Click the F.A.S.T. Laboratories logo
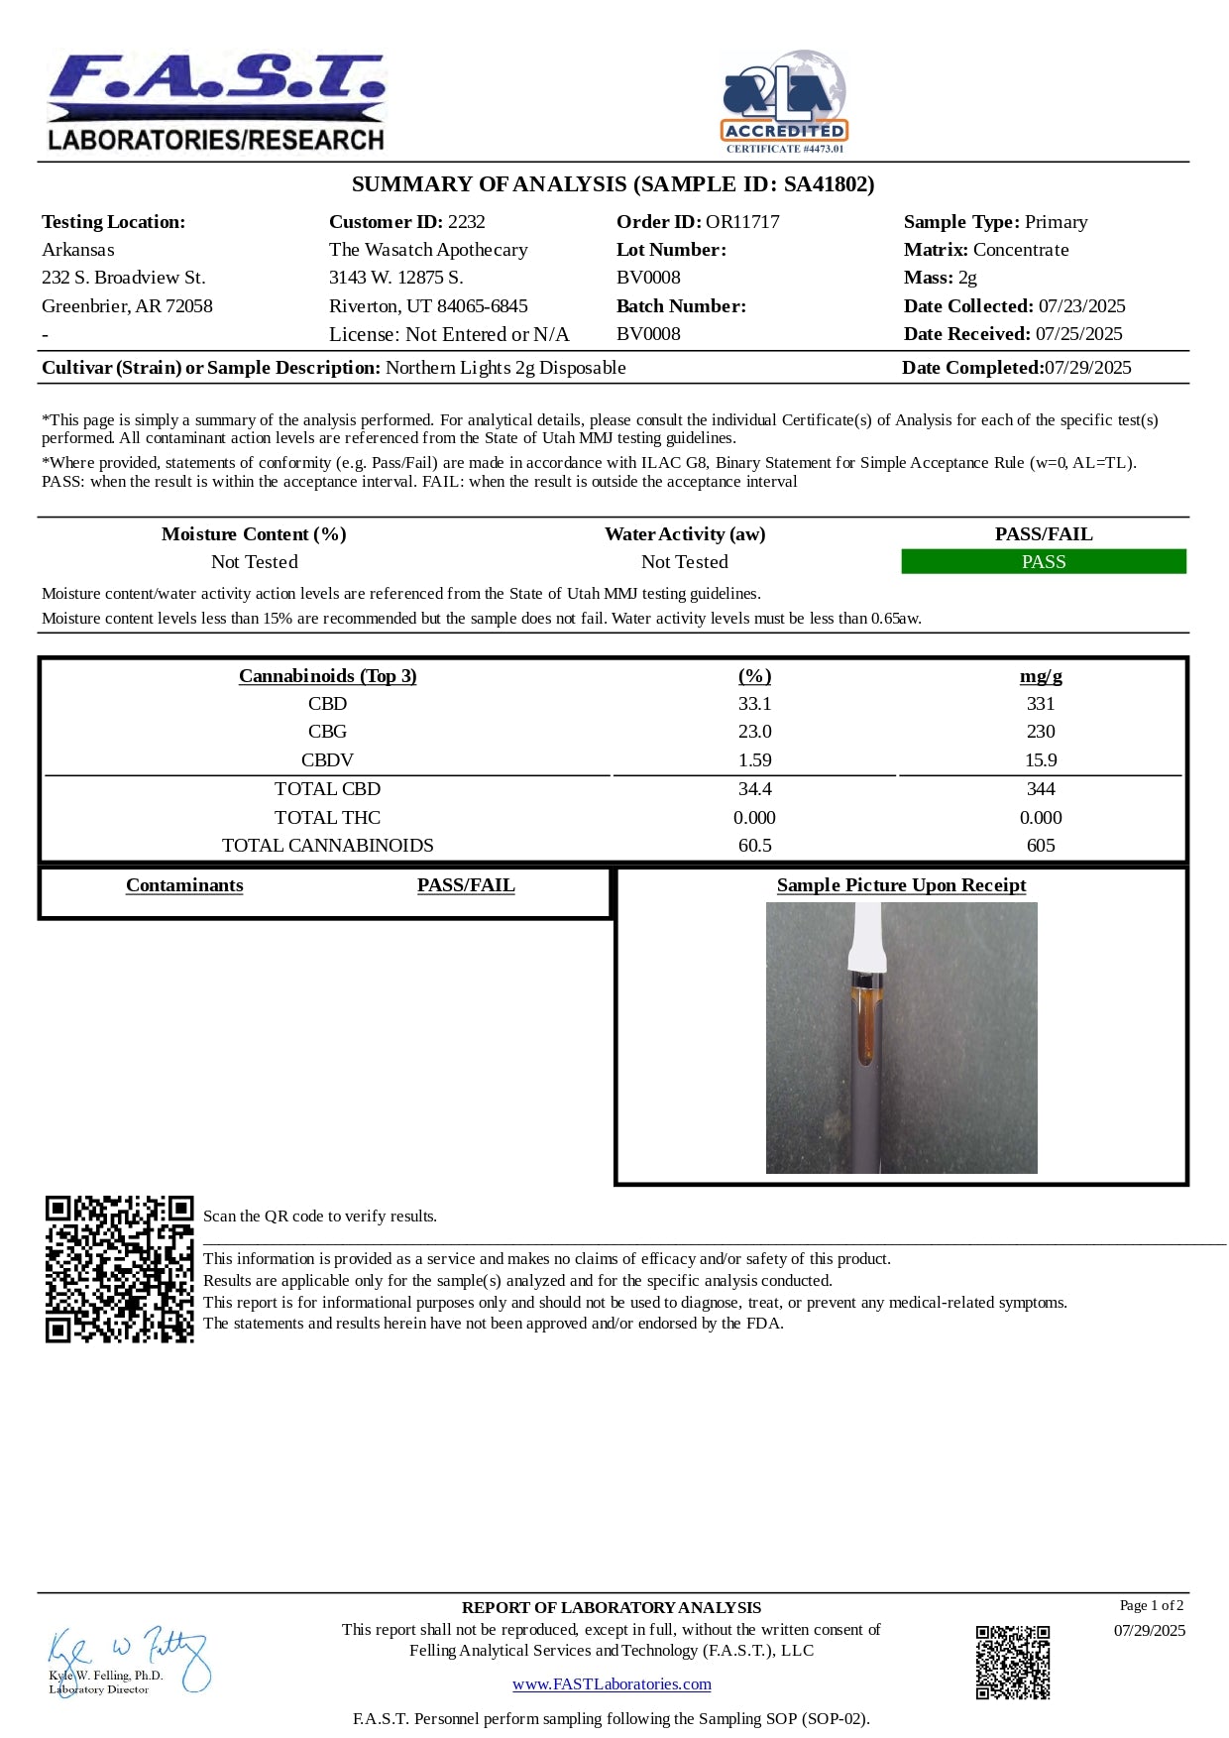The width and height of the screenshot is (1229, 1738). tap(216, 102)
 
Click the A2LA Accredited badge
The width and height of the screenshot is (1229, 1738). tap(784, 102)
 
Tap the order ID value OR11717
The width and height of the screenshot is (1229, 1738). tap(742, 222)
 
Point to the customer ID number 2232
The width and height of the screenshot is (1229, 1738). tap(466, 222)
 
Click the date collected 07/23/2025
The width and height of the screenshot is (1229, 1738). tap(1081, 306)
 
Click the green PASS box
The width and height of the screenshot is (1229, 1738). tap(1043, 562)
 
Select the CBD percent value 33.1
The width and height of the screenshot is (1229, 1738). tap(754, 704)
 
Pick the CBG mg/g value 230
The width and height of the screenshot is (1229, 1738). tap(1041, 732)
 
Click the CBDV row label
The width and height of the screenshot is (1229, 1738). tap(327, 760)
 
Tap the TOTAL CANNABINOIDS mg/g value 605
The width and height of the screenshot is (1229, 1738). tap(1041, 846)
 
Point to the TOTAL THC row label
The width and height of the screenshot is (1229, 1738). tap(327, 818)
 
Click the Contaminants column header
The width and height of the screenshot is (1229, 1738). tap(184, 885)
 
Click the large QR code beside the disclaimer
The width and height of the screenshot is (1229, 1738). tap(119, 1269)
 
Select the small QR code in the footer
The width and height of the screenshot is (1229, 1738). tap(1012, 1663)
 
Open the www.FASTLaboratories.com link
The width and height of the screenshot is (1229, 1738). tap(612, 1684)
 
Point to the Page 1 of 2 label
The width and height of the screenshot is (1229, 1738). tap(1151, 1606)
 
